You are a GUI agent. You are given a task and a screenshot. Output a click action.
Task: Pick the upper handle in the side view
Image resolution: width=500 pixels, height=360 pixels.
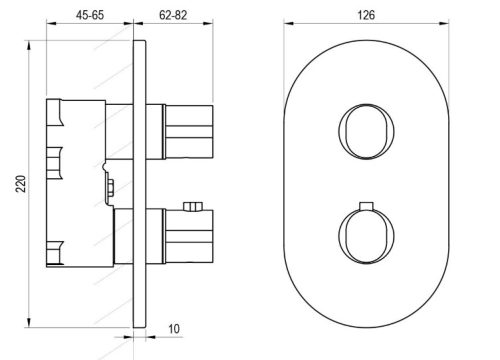[x=185, y=126]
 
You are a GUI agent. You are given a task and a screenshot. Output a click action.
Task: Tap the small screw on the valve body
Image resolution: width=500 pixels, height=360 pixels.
[x=107, y=183]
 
